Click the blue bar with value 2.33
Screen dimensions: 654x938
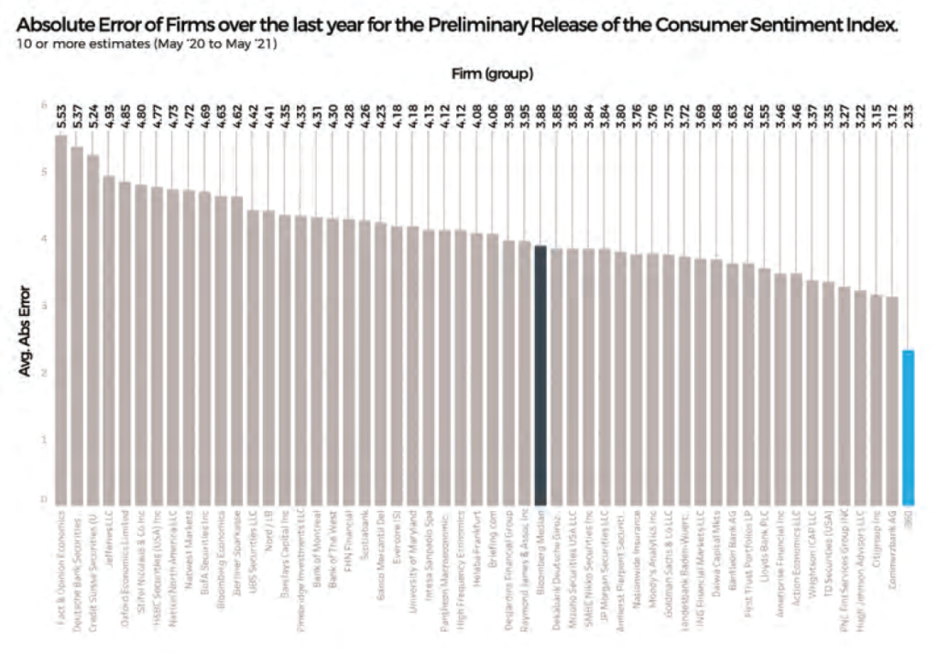tap(908, 425)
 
